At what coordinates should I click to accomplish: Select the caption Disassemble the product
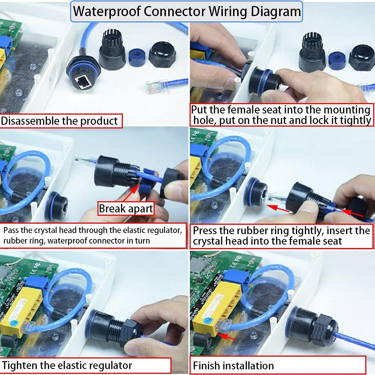[59, 121]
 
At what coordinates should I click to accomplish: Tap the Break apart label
[126, 209]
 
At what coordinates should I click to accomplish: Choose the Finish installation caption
[233, 365]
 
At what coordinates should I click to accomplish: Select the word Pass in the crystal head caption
[11, 229]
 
